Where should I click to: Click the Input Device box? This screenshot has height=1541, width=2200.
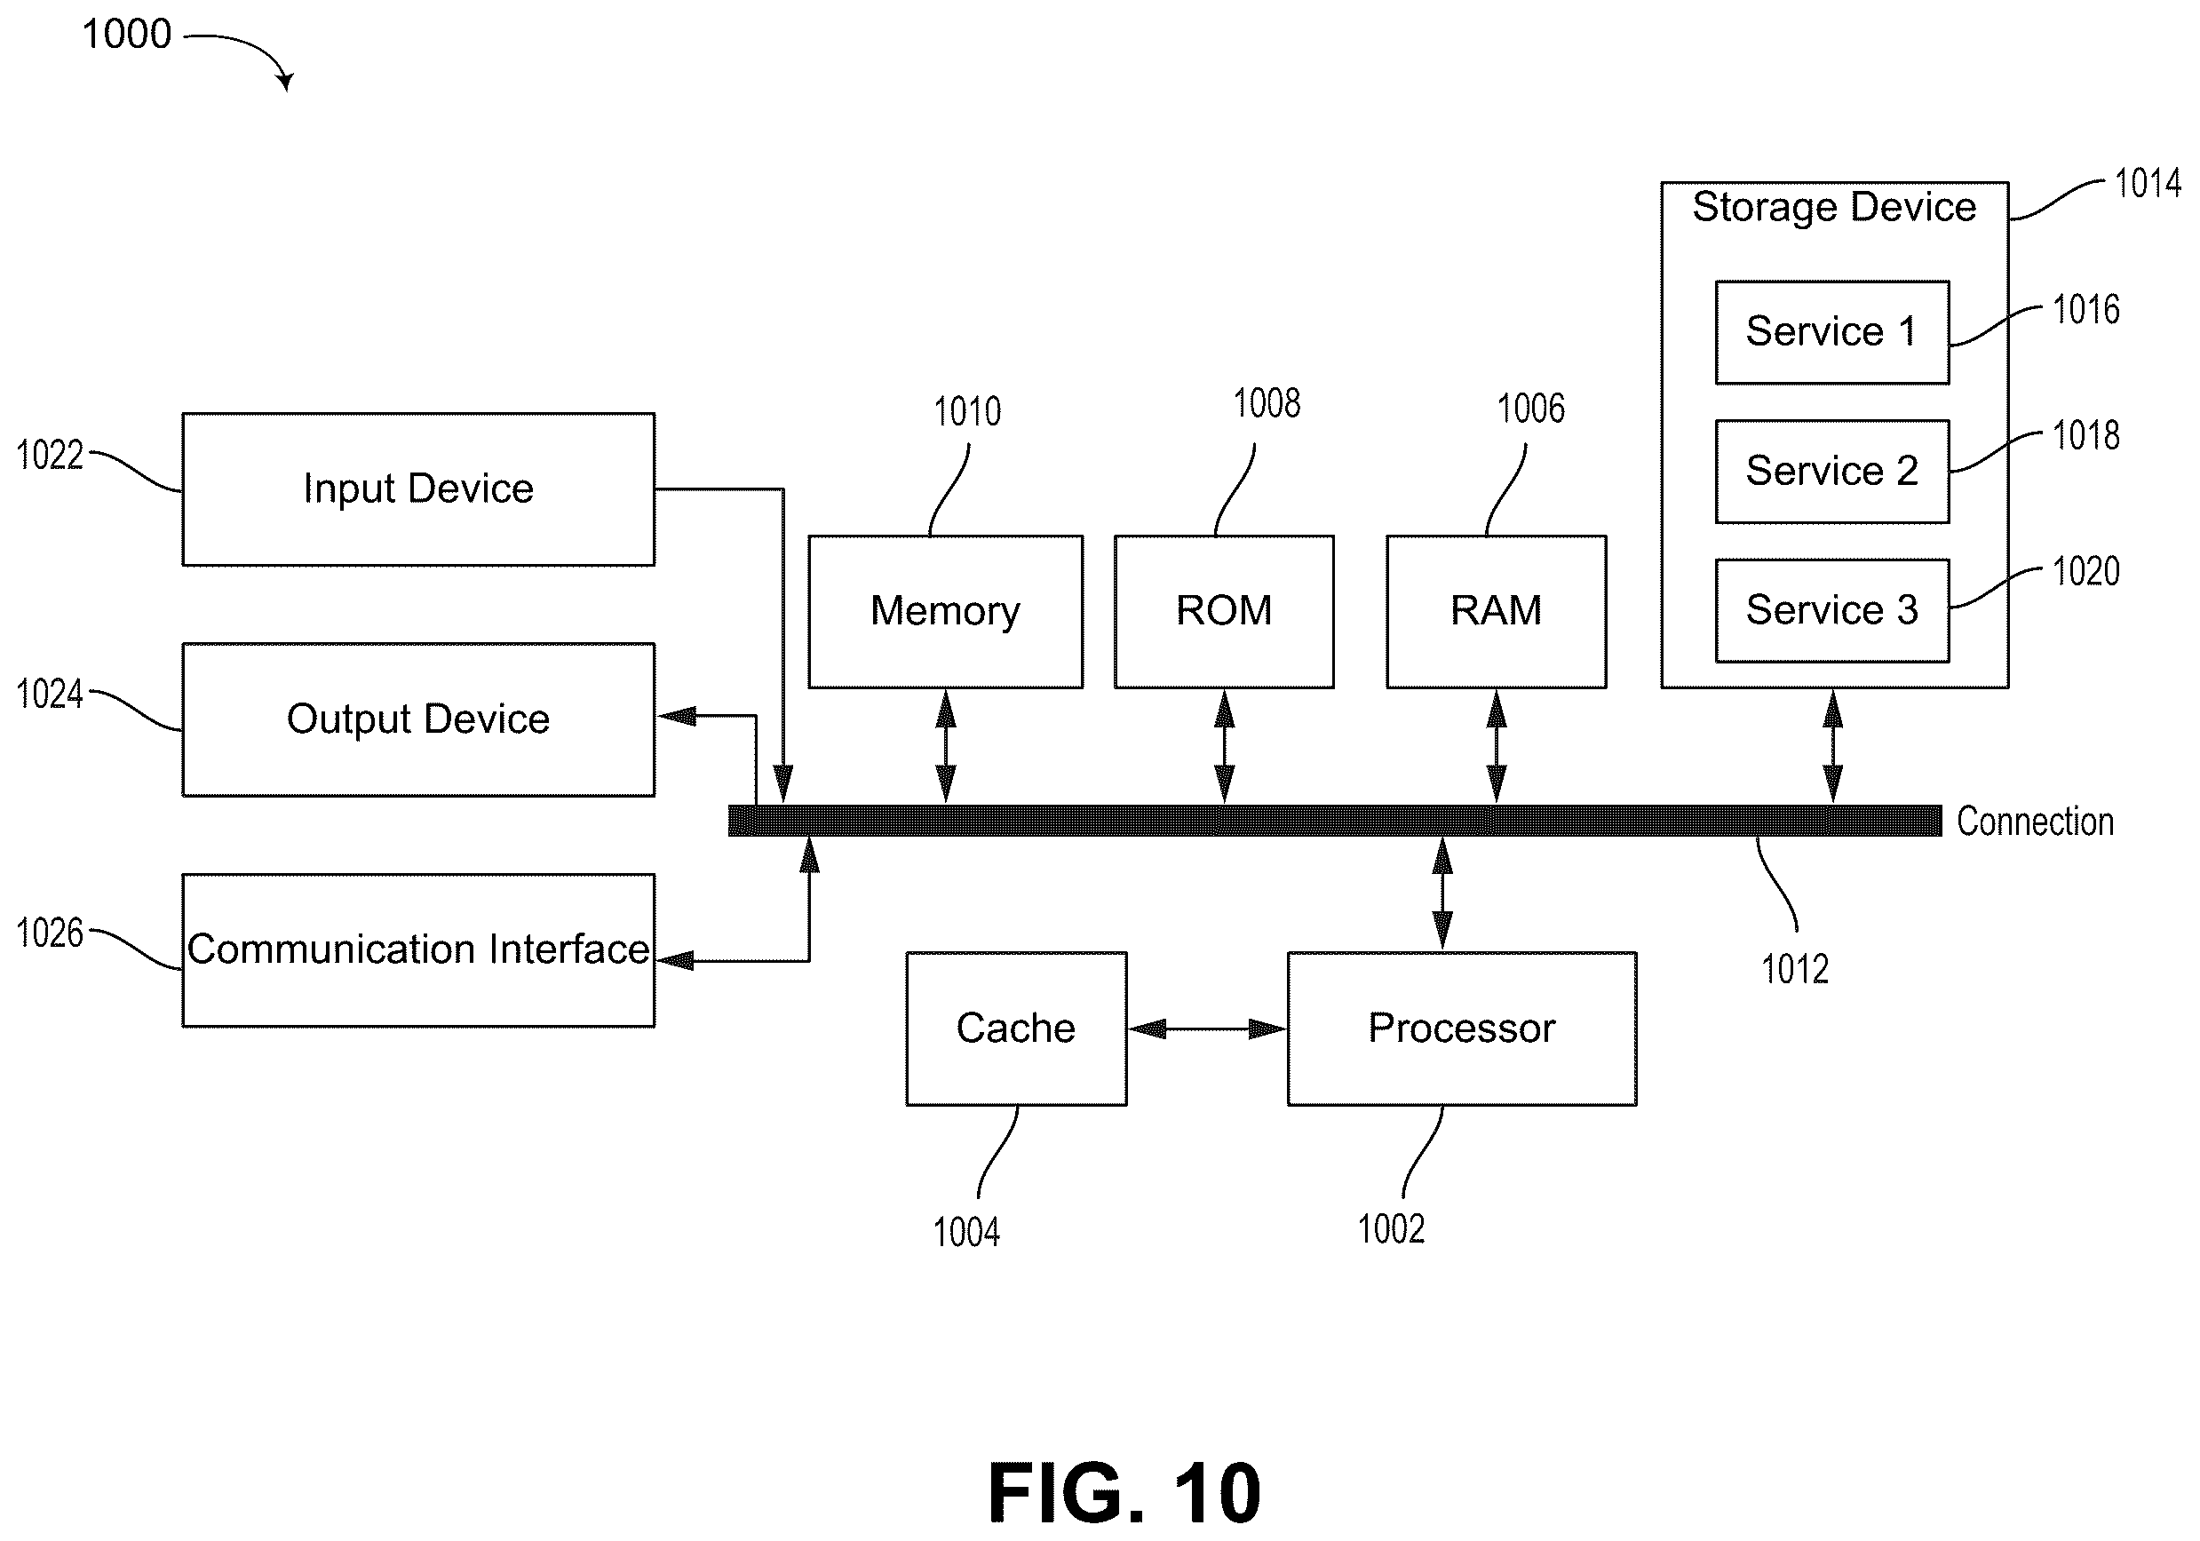418,489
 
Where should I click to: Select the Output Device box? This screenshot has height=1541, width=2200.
418,719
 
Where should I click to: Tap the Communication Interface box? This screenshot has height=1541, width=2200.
418,950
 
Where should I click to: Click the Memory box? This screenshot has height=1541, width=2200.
946,611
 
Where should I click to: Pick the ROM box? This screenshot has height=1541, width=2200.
1225,611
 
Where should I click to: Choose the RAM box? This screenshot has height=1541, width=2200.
1497,611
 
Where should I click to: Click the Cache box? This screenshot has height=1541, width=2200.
1017,1029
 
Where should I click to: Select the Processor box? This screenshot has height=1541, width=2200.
1462,1029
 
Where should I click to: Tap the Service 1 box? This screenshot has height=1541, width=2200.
1832,332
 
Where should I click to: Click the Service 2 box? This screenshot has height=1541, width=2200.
1832,472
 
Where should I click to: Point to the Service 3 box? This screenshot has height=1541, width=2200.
1832,610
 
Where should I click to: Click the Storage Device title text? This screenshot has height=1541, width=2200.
1834,207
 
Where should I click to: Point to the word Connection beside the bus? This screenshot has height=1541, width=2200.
2035,822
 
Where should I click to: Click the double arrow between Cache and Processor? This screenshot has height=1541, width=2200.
1207,1029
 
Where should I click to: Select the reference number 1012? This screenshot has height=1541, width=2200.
1795,969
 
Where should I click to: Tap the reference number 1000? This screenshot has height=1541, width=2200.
126,35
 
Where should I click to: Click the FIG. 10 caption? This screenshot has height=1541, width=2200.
1124,1493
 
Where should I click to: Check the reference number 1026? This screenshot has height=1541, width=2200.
50,933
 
